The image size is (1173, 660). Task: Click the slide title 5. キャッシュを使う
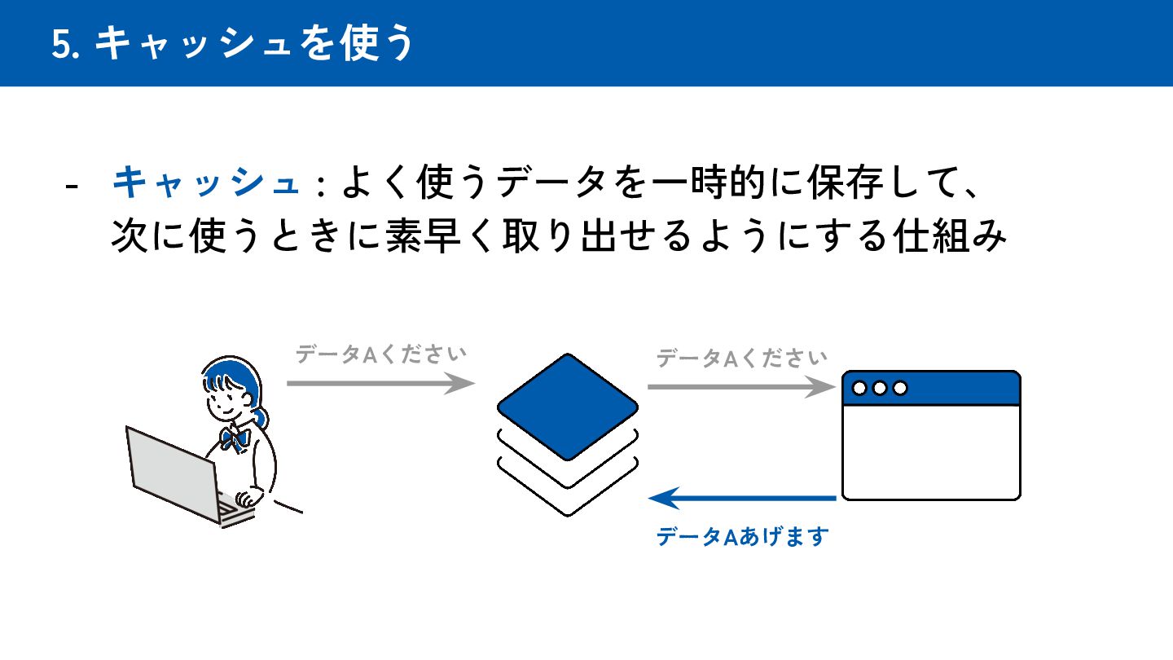(233, 44)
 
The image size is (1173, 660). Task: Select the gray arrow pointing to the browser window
(737, 387)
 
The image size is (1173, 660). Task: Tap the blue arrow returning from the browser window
(742, 497)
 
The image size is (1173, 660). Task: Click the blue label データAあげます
(742, 537)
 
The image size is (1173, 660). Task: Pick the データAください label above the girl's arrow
(380, 355)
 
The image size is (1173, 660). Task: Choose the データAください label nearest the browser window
(741, 359)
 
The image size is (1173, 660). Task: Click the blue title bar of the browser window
(953, 389)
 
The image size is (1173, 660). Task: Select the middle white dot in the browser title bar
(879, 389)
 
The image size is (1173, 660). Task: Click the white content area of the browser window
(930, 452)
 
